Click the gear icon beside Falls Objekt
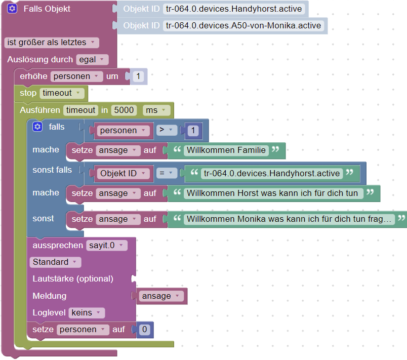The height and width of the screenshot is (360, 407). pyautogui.click(x=13, y=9)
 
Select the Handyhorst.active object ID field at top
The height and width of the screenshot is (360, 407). pyautogui.click(x=234, y=9)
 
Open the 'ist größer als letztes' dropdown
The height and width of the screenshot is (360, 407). pyautogui.click(x=51, y=43)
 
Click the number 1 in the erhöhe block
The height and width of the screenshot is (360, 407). pyautogui.click(x=139, y=76)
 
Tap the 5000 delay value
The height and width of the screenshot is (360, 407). pyautogui.click(x=124, y=110)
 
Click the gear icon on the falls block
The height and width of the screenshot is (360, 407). pyautogui.click(x=37, y=127)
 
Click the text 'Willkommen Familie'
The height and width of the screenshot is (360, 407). pyautogui.click(x=226, y=150)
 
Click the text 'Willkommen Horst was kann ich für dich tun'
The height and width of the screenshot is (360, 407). pyautogui.click(x=273, y=193)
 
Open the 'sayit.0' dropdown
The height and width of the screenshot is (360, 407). pyautogui.click(x=106, y=246)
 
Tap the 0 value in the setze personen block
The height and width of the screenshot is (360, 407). pyautogui.click(x=145, y=330)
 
